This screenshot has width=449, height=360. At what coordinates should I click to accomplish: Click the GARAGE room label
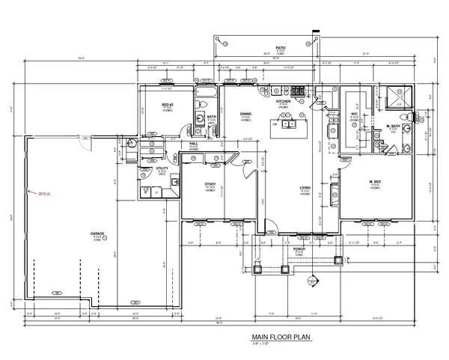point(97,234)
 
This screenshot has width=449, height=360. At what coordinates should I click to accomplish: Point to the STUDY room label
point(211,183)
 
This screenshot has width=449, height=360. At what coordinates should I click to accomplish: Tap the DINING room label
point(245,115)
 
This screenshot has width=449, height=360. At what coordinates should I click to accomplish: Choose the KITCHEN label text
point(284,101)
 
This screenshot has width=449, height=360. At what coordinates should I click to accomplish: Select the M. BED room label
point(376,182)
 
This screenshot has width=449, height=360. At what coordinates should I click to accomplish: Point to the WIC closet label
point(355,114)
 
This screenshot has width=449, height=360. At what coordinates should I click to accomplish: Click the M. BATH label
point(391,125)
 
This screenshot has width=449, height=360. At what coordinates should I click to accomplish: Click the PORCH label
point(299,248)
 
